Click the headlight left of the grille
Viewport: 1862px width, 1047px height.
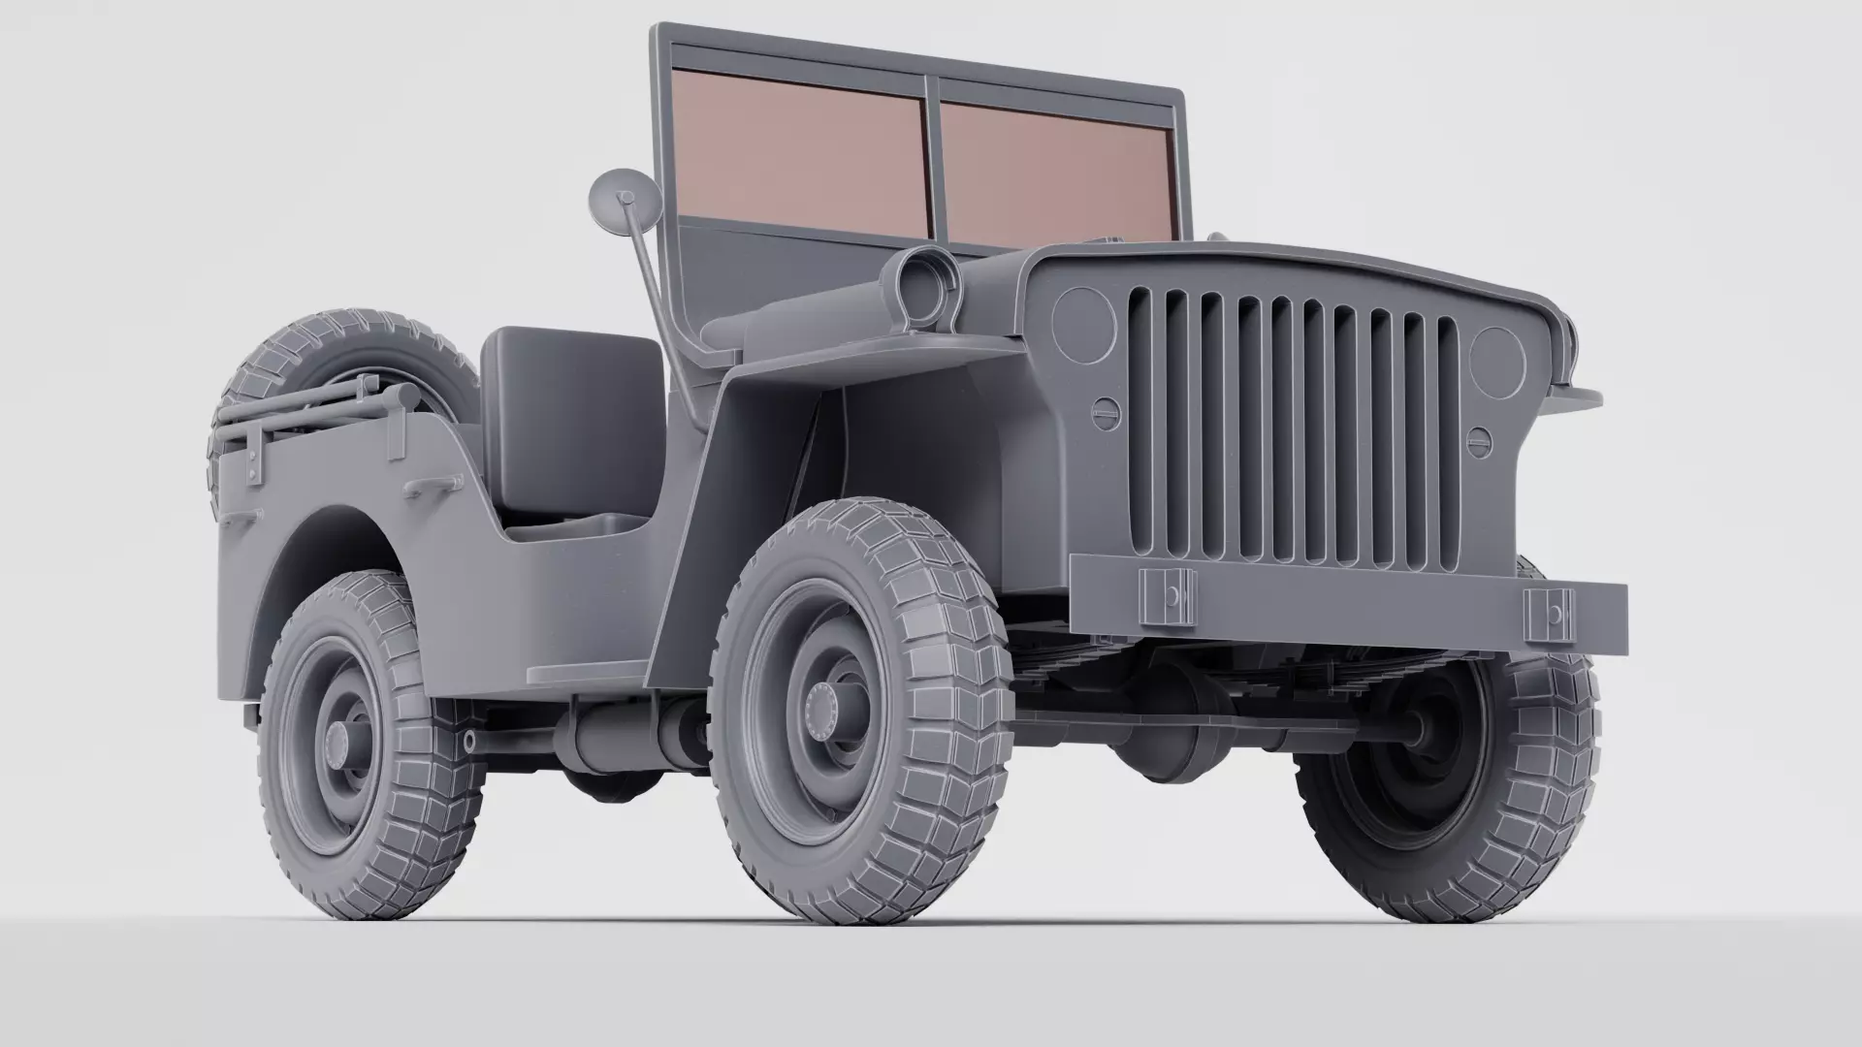(1084, 323)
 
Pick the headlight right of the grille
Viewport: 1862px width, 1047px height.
(1497, 361)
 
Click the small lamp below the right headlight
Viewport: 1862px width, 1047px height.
(1478, 442)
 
